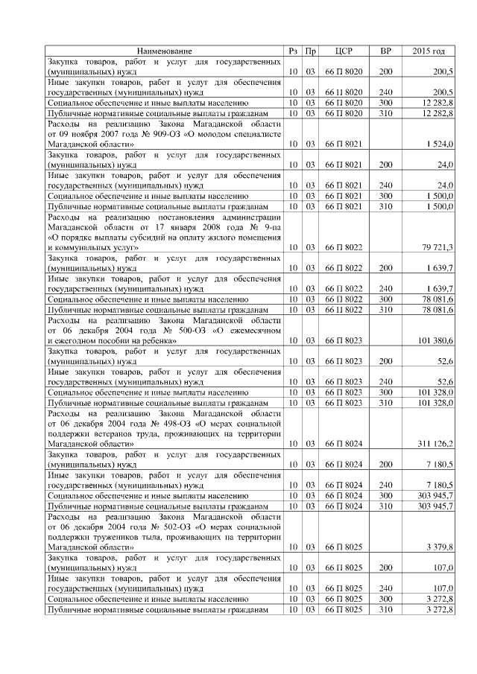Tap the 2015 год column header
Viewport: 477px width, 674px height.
tap(429, 51)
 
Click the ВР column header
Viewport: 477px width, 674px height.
tap(385, 51)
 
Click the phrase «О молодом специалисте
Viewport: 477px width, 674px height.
tap(223, 133)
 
